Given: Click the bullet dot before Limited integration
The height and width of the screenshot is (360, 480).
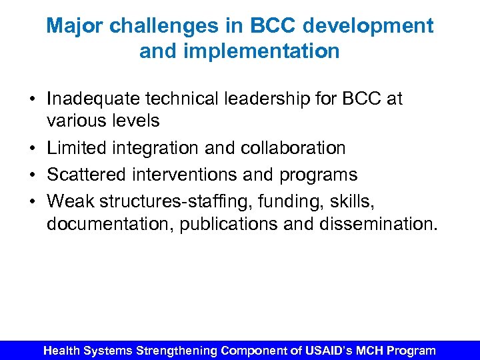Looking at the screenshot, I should [x=32, y=148].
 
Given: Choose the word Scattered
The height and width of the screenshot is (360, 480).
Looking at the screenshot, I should [x=84, y=175].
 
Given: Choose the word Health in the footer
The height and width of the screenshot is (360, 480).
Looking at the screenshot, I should [x=63, y=350].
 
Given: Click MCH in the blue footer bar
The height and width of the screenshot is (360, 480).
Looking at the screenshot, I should [x=365, y=350].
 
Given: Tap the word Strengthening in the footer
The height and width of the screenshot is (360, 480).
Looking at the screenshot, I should [x=177, y=350].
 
